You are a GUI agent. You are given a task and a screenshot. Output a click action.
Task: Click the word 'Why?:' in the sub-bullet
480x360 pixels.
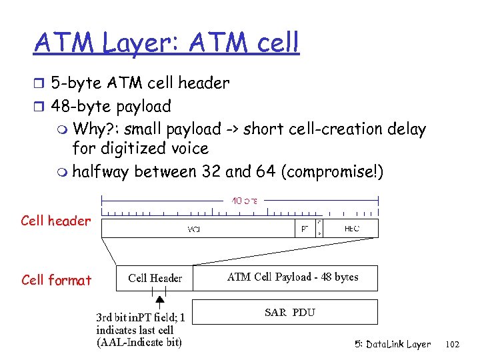(95, 129)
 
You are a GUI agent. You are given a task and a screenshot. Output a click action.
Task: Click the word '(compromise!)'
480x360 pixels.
(333, 172)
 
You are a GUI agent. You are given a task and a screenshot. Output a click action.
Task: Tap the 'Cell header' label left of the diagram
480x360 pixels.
(55, 221)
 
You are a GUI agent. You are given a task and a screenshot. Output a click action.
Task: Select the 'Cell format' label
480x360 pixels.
(56, 280)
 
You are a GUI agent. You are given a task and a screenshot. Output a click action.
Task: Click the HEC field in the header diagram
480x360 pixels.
(351, 228)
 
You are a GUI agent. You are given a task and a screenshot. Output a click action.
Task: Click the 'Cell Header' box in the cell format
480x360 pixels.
(155, 278)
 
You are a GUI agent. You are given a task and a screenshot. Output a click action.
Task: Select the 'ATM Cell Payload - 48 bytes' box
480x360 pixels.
(293, 277)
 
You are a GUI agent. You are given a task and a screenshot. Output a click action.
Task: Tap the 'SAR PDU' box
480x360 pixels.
(290, 312)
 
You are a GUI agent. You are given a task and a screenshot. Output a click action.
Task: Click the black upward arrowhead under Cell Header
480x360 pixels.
(160, 301)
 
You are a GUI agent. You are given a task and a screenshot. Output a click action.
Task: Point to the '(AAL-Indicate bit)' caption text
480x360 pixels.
(139, 343)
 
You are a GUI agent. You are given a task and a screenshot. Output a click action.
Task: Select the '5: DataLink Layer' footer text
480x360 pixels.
(393, 345)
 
